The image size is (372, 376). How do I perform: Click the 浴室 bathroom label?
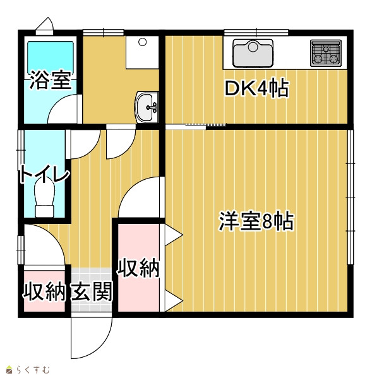pos(51,80)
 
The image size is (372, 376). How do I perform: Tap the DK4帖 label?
pos(256,88)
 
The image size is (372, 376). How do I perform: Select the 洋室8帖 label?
pos(256,221)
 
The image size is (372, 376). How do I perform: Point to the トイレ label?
pos(45,174)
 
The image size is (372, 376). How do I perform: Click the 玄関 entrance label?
pos(92,291)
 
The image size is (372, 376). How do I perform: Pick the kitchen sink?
pos(253,53)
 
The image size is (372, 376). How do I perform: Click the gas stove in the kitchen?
pos(326,53)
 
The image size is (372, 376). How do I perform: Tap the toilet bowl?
pos(44,197)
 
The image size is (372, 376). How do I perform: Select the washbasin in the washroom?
pos(147,107)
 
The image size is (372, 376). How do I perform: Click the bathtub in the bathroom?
pos(51,57)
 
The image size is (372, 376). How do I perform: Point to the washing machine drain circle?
pos(142,42)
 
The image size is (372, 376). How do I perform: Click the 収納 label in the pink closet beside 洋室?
pos(138,268)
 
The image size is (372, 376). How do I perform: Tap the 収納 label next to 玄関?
pos(44,291)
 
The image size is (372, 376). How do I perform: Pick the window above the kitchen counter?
pos(256,32)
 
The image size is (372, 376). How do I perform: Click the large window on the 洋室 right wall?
pos(351,197)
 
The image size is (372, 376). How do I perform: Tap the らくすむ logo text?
pos(33,370)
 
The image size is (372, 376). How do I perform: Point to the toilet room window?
pos(21,150)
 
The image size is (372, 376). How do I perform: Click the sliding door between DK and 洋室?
pos(196,126)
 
